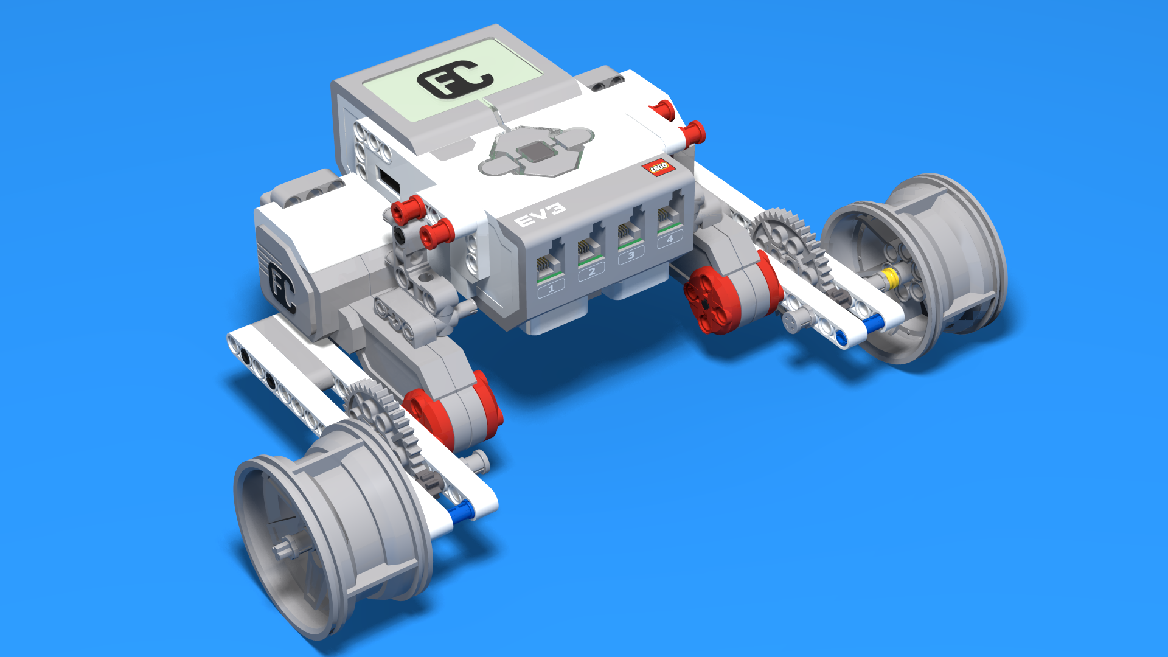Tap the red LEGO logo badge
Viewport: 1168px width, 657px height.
pos(659,167)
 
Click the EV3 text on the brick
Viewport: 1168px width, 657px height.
pos(540,215)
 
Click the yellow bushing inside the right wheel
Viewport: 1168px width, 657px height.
pos(890,278)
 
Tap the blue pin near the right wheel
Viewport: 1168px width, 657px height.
pos(874,324)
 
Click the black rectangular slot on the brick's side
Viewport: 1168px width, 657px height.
pos(388,181)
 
